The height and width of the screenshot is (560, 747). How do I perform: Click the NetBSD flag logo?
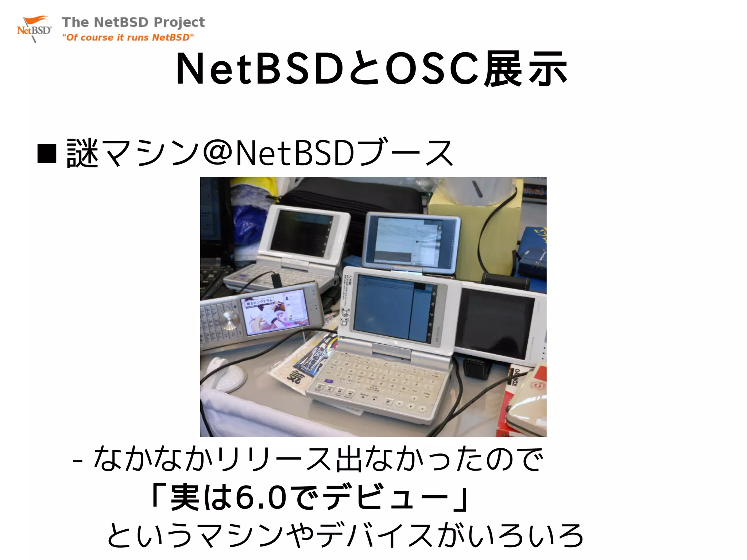(34, 29)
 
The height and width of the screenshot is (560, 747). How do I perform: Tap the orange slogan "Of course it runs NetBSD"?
(128, 38)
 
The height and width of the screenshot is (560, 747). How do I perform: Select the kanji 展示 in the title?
(525, 69)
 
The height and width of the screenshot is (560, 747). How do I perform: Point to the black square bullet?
(47, 153)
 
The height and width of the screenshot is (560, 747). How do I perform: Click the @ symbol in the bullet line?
(218, 152)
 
